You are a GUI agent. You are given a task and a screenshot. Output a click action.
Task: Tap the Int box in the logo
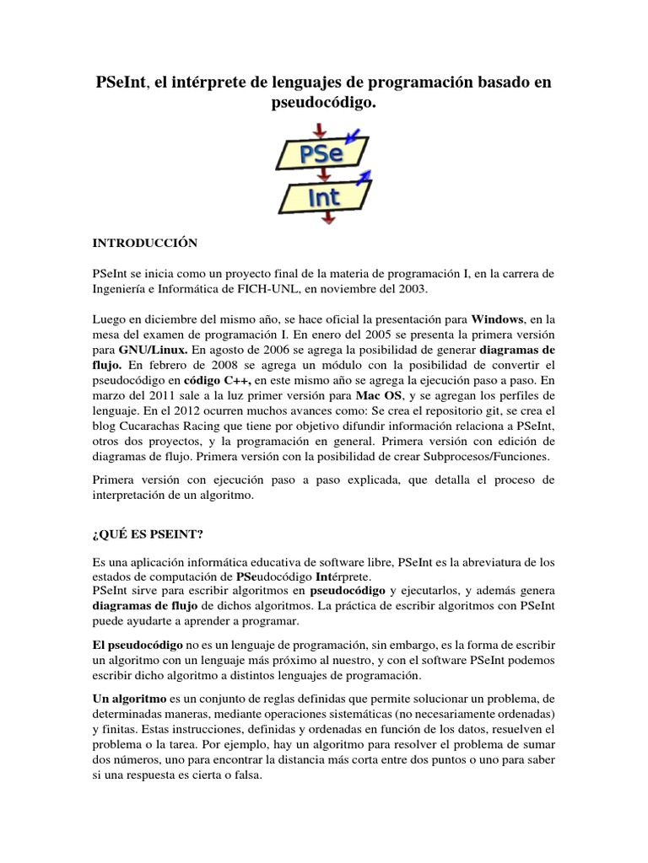[324, 197]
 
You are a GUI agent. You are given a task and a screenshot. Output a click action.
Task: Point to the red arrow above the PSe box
[320, 129]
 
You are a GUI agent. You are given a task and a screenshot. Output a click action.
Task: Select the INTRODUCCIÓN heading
[144, 244]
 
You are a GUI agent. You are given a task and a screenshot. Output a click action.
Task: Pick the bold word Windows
[497, 319]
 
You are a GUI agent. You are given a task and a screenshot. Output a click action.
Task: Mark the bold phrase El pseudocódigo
[138, 643]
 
